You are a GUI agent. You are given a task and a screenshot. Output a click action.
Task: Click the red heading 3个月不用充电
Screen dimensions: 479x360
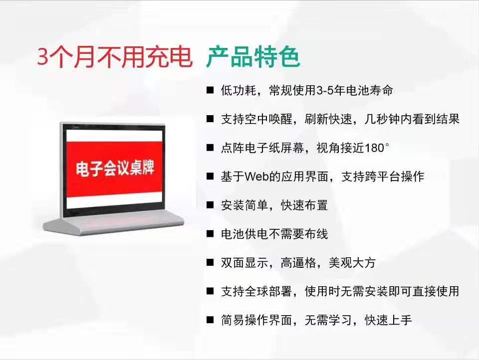click(x=115, y=57)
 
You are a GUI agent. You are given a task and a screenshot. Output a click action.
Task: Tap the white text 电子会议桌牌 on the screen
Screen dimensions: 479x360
click(x=115, y=168)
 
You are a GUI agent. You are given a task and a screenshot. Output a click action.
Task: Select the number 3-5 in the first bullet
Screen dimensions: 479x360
click(x=325, y=90)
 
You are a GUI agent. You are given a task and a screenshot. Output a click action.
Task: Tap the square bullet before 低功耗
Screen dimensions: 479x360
click(x=210, y=90)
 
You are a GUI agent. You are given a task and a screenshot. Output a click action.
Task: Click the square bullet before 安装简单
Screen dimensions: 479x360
click(x=210, y=205)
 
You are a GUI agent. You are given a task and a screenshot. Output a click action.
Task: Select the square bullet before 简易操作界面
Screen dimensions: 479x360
click(x=210, y=320)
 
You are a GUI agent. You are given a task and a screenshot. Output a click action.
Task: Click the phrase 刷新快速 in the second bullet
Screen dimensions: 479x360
click(x=328, y=119)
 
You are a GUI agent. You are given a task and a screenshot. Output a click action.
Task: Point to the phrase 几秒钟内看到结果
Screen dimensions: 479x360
click(x=412, y=119)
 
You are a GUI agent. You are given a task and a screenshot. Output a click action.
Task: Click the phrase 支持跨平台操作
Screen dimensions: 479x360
click(x=383, y=177)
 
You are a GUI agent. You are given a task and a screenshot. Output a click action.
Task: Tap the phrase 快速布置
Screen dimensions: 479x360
click(x=304, y=205)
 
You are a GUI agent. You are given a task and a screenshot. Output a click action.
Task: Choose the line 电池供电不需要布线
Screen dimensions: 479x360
click(x=274, y=234)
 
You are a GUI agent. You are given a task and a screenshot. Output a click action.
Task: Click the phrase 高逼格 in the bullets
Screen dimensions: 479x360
click(x=298, y=263)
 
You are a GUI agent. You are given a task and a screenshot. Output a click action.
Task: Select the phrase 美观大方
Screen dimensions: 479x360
click(x=352, y=263)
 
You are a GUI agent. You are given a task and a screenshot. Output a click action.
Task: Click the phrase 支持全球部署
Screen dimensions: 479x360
click(x=256, y=291)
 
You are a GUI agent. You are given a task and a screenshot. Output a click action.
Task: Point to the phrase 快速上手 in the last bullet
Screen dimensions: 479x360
click(x=388, y=320)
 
